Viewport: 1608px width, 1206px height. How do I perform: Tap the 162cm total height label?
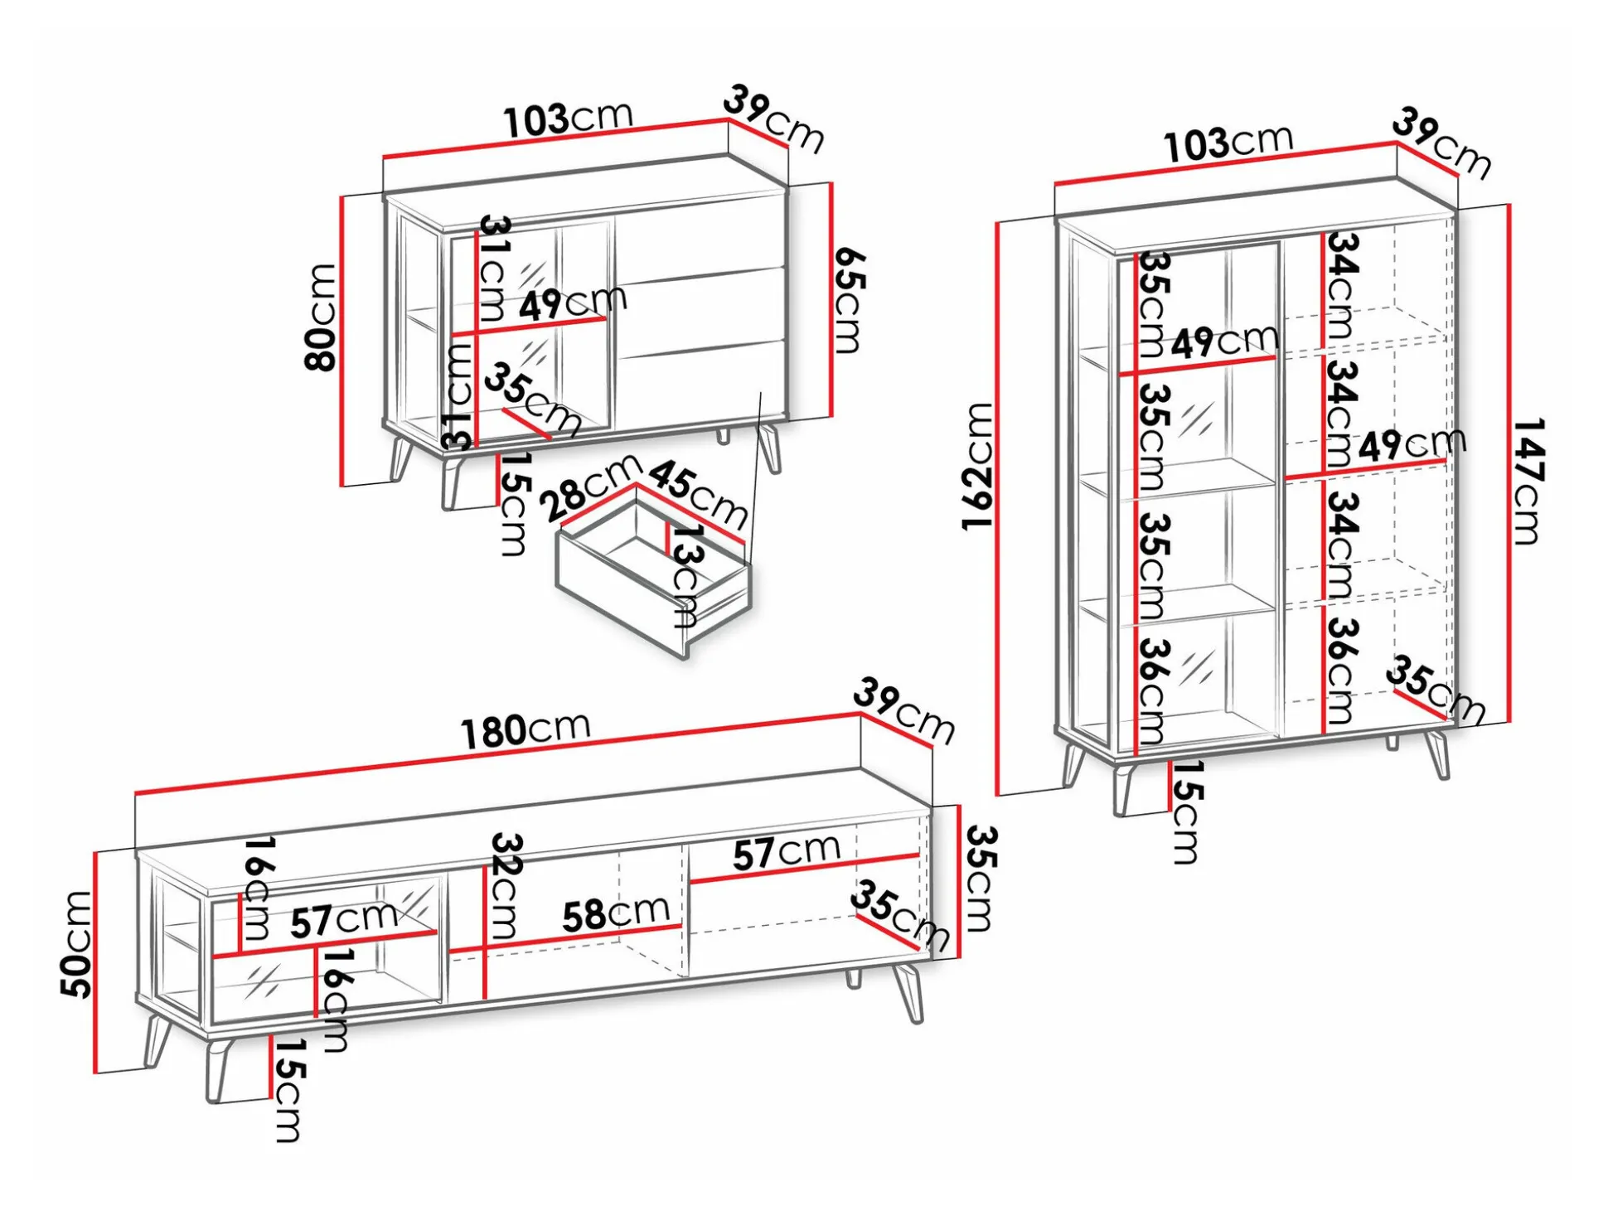pos(977,466)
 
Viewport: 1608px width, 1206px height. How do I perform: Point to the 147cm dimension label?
pos(1528,481)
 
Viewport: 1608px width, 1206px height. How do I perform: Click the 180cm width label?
pos(526,730)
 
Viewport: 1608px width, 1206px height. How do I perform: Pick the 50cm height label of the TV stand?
pos(76,944)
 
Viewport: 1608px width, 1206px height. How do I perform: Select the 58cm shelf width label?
pos(616,913)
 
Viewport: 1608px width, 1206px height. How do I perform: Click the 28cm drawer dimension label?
pos(590,489)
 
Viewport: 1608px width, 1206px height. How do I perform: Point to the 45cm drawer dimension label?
pos(698,494)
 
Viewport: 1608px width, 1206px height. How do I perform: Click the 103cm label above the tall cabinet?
pos(1228,143)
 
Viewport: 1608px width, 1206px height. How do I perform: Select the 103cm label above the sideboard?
pos(569,119)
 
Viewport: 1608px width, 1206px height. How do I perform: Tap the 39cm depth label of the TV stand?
pos(904,711)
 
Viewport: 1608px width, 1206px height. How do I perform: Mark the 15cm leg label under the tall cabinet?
pos(1186,813)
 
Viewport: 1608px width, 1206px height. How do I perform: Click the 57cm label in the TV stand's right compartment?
pos(787,852)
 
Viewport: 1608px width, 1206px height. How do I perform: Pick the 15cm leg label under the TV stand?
pos(288,1090)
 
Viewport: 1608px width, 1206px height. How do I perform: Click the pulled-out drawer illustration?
pos(655,588)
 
